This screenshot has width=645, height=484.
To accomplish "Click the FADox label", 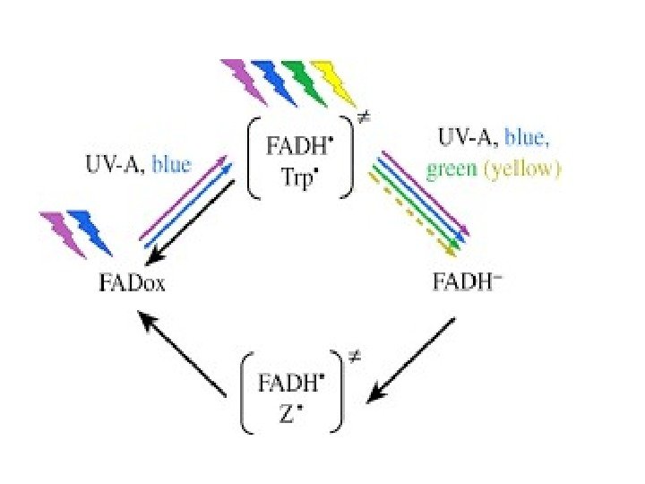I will point(133,285).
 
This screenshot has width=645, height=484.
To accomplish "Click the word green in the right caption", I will point(451,169).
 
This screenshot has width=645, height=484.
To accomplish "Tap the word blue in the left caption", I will point(172,164).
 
